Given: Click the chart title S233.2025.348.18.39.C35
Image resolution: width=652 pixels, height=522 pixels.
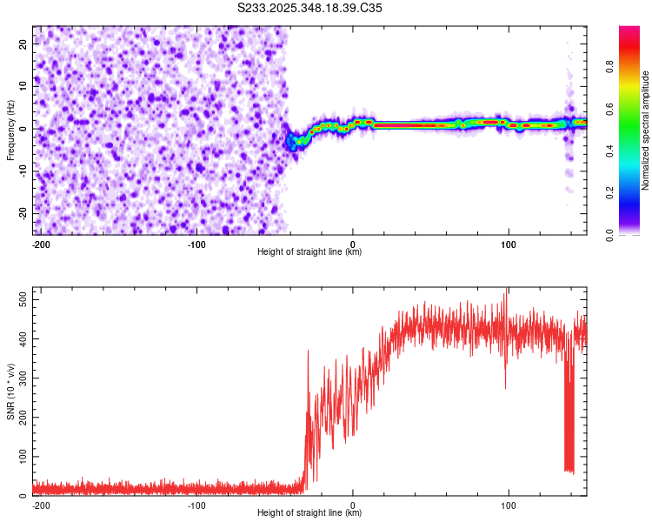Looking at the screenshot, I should pyautogui.click(x=309, y=7).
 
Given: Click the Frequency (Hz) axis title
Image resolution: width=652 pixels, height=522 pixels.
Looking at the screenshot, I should pyautogui.click(x=10, y=130).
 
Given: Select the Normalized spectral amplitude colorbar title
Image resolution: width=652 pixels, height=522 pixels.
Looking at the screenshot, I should pyautogui.click(x=645, y=130).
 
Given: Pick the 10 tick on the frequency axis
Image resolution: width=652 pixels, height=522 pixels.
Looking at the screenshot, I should pyautogui.click(x=23, y=84).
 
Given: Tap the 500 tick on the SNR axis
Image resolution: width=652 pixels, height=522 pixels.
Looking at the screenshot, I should pyautogui.click(x=20, y=299).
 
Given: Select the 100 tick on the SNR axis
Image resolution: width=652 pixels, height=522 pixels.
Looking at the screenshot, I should pyautogui.click(x=20, y=456).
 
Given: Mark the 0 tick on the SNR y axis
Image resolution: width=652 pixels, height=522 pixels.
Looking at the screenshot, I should pyautogui.click(x=25, y=495).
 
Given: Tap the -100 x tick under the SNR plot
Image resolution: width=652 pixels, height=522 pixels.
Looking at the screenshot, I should pyautogui.click(x=196, y=505).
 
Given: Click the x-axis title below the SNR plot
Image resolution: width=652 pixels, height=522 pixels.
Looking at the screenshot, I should pyautogui.click(x=309, y=513).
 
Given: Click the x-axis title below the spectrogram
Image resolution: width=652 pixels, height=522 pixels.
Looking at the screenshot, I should pyautogui.click(x=309, y=252).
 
